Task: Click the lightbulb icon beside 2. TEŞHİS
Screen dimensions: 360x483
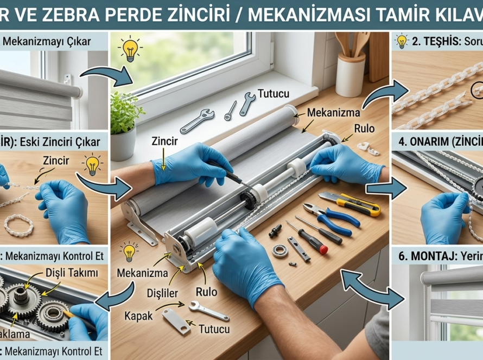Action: click(x=402, y=41)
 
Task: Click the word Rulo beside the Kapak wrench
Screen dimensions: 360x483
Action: click(x=207, y=292)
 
